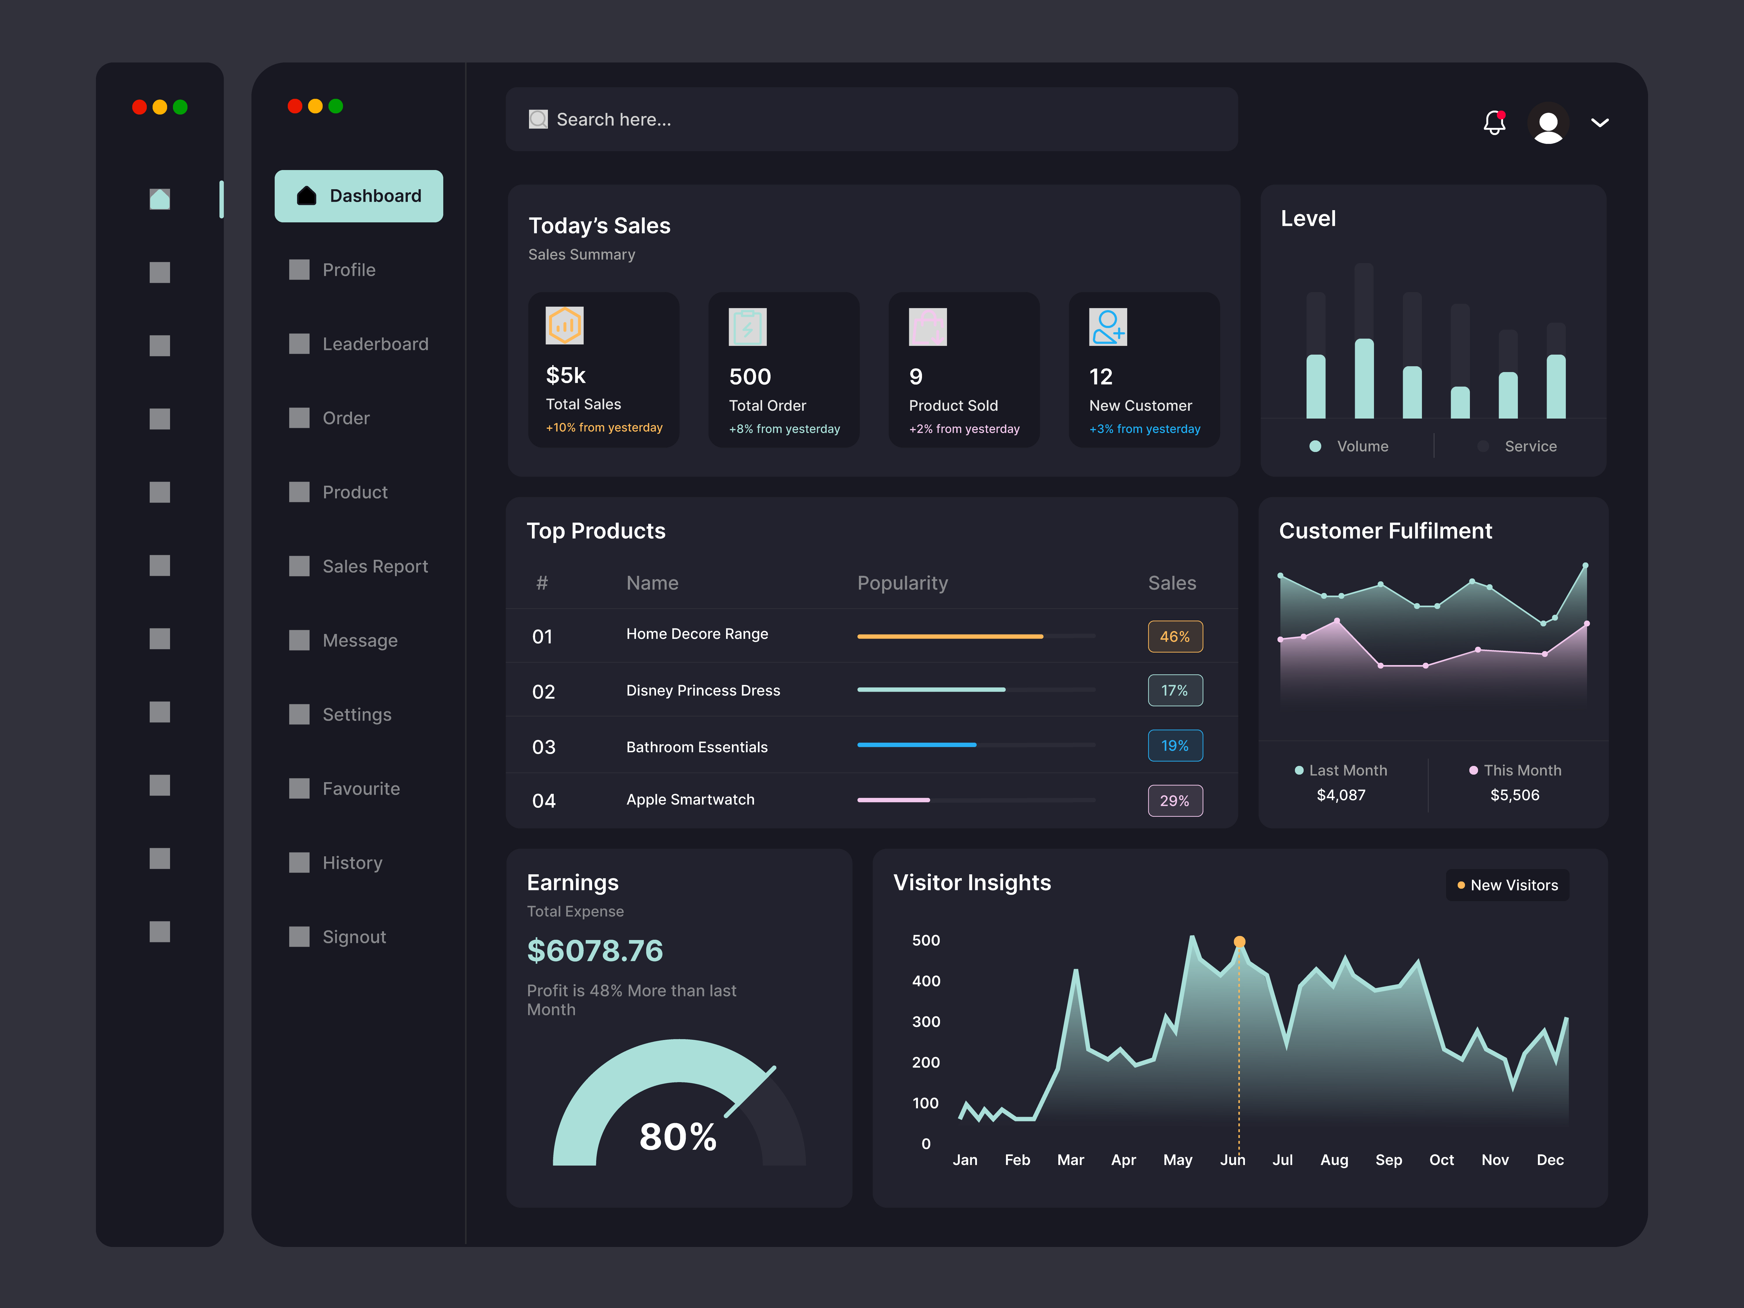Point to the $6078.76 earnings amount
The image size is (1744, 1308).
coord(594,951)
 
